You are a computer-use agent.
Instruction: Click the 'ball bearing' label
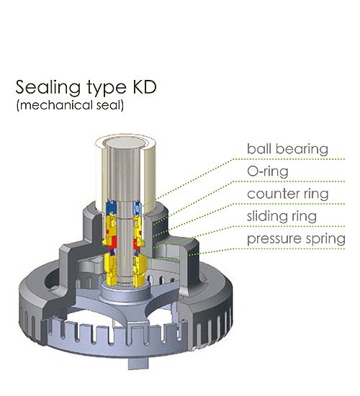pyautogui.click(x=287, y=149)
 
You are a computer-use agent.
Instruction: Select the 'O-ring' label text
pyautogui.click(x=268, y=171)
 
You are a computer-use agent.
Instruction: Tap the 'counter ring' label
pyautogui.click(x=288, y=194)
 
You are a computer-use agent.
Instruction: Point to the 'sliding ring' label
pyautogui.click(x=282, y=217)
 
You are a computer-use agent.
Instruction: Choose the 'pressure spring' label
pyautogui.click(x=296, y=239)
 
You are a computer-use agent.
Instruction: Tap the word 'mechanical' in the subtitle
pyautogui.click(x=55, y=105)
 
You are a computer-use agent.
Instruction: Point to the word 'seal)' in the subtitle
pyautogui.click(x=110, y=105)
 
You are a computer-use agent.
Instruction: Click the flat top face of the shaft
pyautogui.click(x=124, y=143)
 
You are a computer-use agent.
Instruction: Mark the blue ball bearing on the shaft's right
pyautogui.click(x=138, y=207)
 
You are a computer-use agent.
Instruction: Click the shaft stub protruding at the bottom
pyautogui.click(x=138, y=363)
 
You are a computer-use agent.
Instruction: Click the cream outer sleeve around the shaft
pyautogui.click(x=150, y=177)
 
